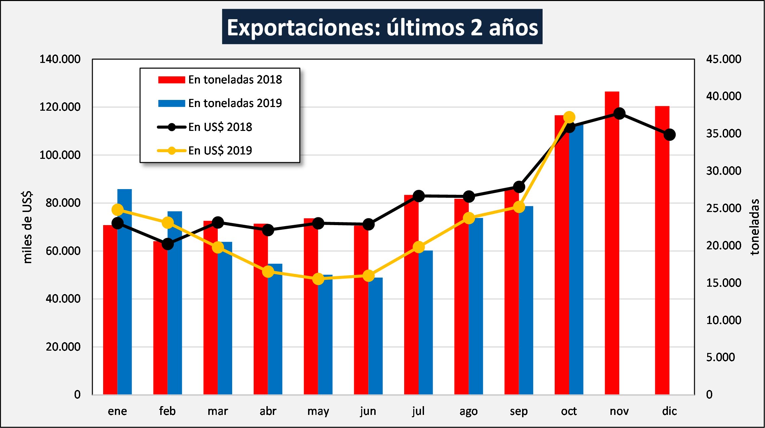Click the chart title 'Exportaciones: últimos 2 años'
382,27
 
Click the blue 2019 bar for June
375,336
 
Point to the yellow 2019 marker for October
569,117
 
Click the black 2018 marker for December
670,135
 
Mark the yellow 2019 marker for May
318,279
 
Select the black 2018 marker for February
168,244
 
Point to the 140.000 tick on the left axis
60,59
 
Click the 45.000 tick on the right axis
723,59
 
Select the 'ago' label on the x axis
468,411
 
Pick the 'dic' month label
669,411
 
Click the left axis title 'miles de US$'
27,227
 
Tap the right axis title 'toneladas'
755,227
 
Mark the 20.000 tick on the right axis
723,246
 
